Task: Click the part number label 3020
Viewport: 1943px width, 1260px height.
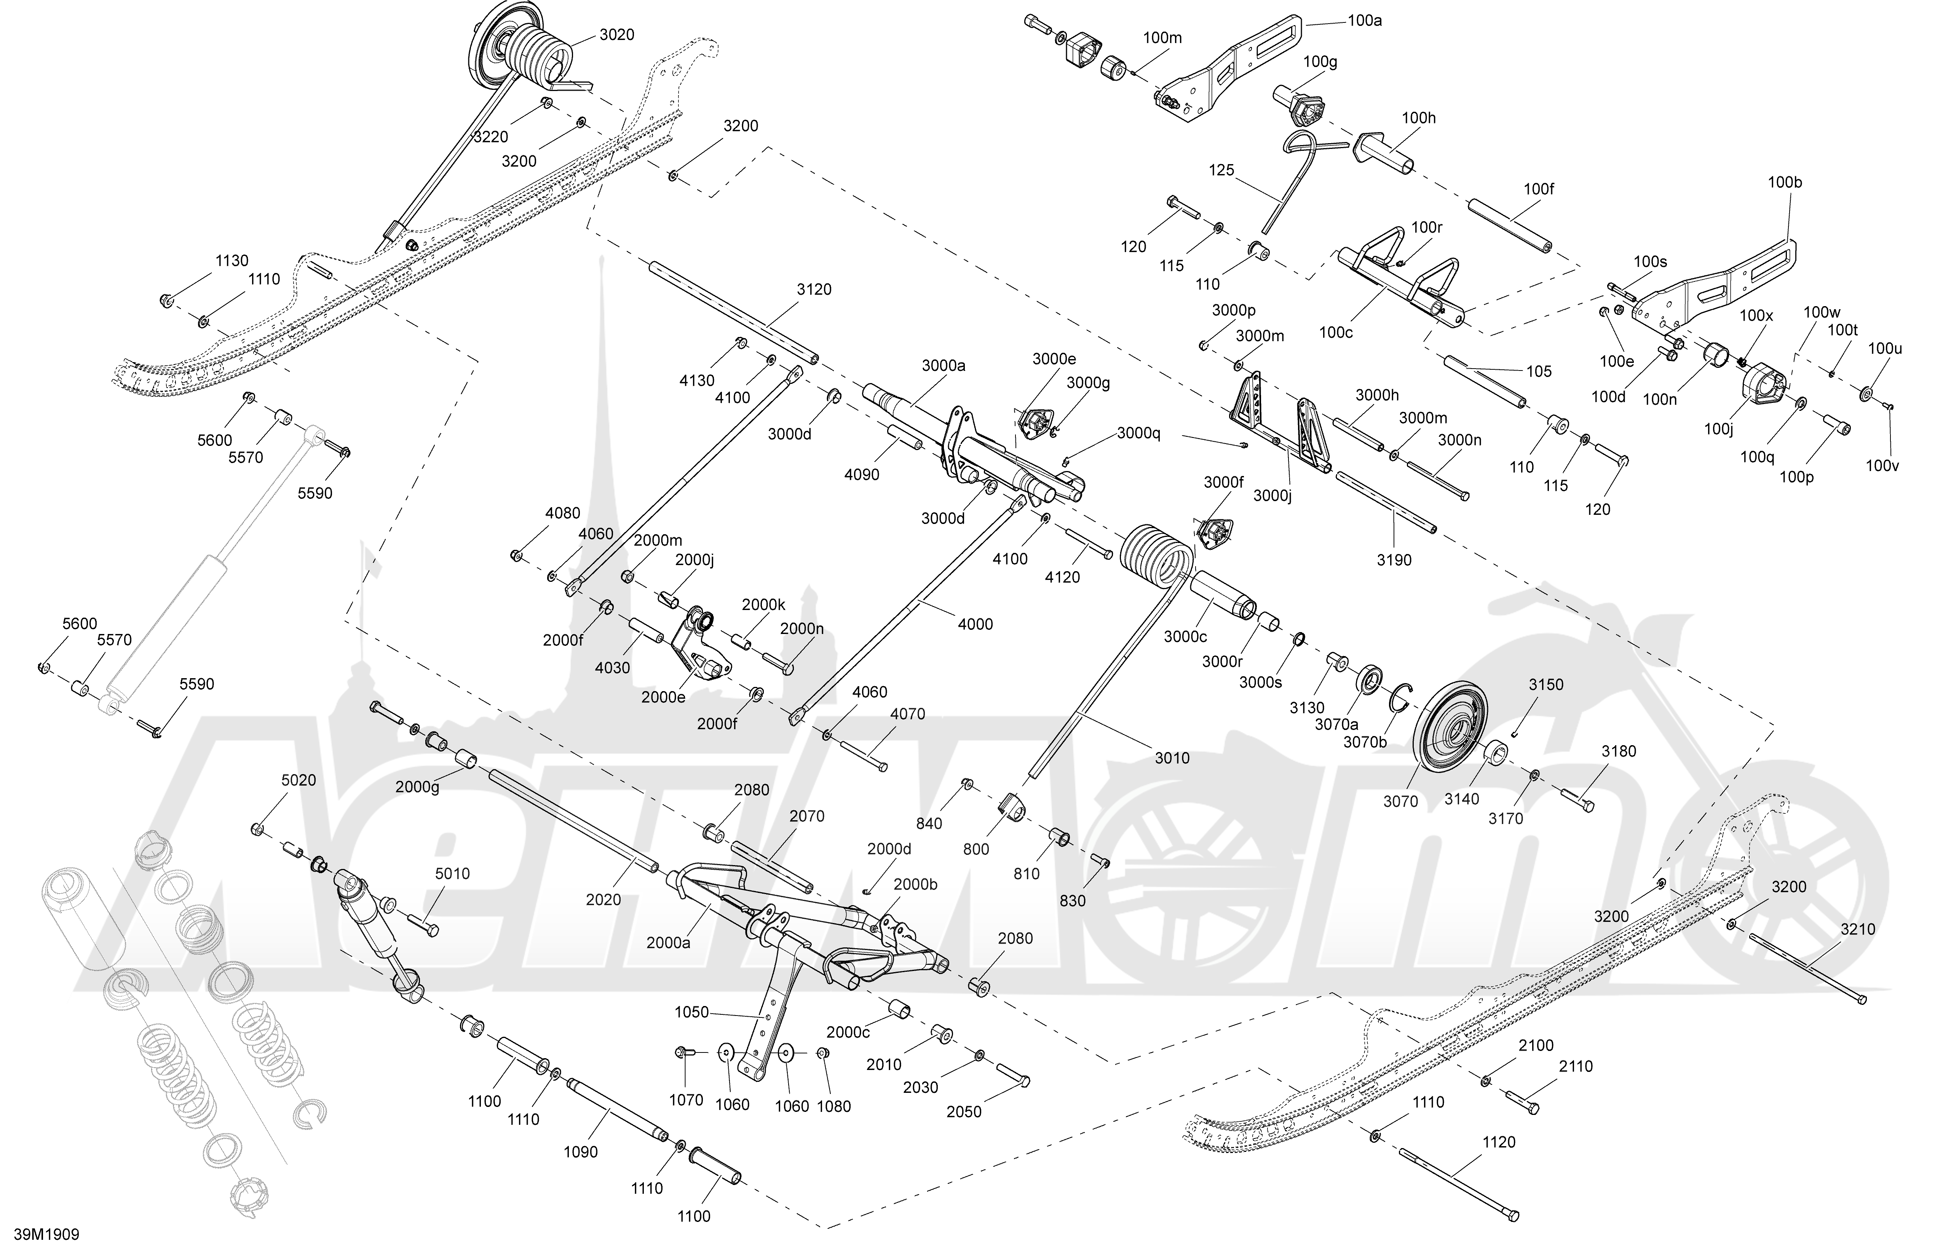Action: (616, 35)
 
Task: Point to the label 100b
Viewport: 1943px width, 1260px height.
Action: (1785, 183)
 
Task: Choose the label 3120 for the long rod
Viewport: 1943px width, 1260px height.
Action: (814, 290)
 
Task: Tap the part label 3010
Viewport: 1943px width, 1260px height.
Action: (1172, 759)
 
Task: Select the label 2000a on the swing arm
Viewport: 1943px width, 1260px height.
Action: (668, 943)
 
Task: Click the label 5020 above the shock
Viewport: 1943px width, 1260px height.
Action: (299, 781)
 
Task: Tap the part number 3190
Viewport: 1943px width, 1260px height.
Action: (1394, 560)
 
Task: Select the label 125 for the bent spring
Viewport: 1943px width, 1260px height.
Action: (1222, 171)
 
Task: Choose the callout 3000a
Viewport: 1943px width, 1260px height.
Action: (944, 366)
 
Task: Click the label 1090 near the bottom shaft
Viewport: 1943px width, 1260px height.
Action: (580, 1152)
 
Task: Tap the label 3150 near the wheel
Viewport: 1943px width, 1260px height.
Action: (1546, 685)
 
